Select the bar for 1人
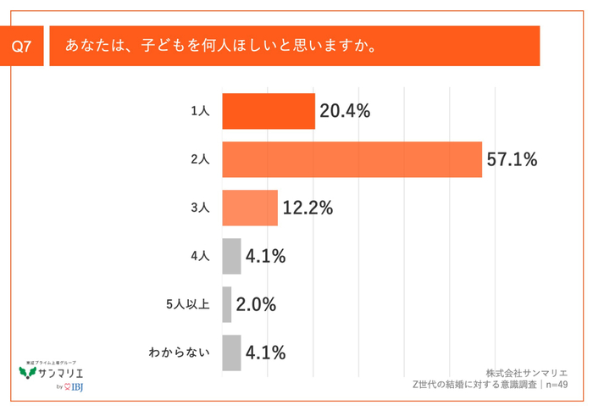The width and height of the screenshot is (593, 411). pos(268,111)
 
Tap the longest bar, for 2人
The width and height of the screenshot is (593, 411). pos(352,159)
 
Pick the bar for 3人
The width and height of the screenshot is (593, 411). pos(250,208)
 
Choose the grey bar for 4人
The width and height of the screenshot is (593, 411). pos(231,256)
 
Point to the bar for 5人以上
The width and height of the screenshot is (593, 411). pos(226,304)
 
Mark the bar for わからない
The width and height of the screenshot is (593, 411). pos(231,353)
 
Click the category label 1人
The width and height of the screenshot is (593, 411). pos(200,111)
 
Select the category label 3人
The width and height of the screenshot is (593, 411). pos(200,208)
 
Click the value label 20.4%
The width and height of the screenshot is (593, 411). pos(345,111)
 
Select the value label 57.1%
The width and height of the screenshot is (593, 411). pos(512,159)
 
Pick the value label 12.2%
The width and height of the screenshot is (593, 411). pos(308,208)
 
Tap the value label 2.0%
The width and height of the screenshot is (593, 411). pos(256,304)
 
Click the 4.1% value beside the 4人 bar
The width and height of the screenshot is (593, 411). pos(265,256)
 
